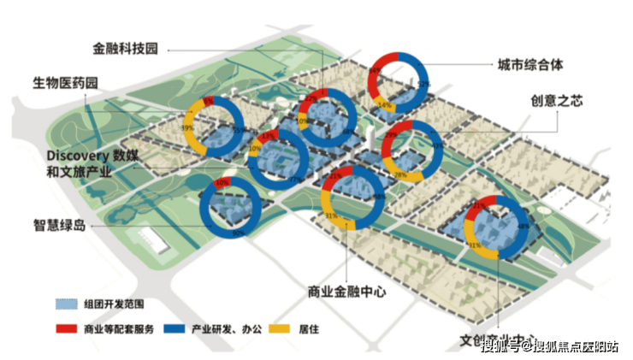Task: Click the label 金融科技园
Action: click(126, 49)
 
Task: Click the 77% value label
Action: click(293, 180)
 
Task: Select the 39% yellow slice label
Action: click(186, 127)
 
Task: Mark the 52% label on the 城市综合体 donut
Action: click(423, 85)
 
